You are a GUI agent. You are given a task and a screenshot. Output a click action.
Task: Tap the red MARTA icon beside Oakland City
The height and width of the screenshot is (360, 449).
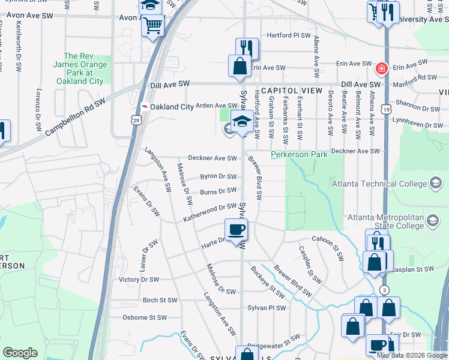tap(144, 107)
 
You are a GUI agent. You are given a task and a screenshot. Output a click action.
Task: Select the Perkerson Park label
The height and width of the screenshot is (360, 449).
tap(299, 154)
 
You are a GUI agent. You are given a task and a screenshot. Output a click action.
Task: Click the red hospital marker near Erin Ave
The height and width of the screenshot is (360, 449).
tap(381, 68)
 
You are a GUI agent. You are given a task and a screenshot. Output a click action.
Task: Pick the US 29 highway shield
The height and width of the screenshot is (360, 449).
tap(137, 121)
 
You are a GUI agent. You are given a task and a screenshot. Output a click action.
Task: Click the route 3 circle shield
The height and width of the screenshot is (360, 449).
tap(383, 290)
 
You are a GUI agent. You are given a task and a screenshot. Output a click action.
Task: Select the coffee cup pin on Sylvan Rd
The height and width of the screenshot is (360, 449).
tap(236, 229)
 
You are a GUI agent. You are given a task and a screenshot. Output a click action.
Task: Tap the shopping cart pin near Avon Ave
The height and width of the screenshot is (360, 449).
tap(152, 25)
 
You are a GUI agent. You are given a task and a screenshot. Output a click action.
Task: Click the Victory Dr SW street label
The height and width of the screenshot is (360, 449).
tap(139, 280)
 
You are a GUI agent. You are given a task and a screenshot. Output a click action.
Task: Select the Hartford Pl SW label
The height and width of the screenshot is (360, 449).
tap(288, 35)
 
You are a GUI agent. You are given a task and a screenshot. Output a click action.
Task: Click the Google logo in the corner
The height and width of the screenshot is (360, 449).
tap(20, 353)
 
